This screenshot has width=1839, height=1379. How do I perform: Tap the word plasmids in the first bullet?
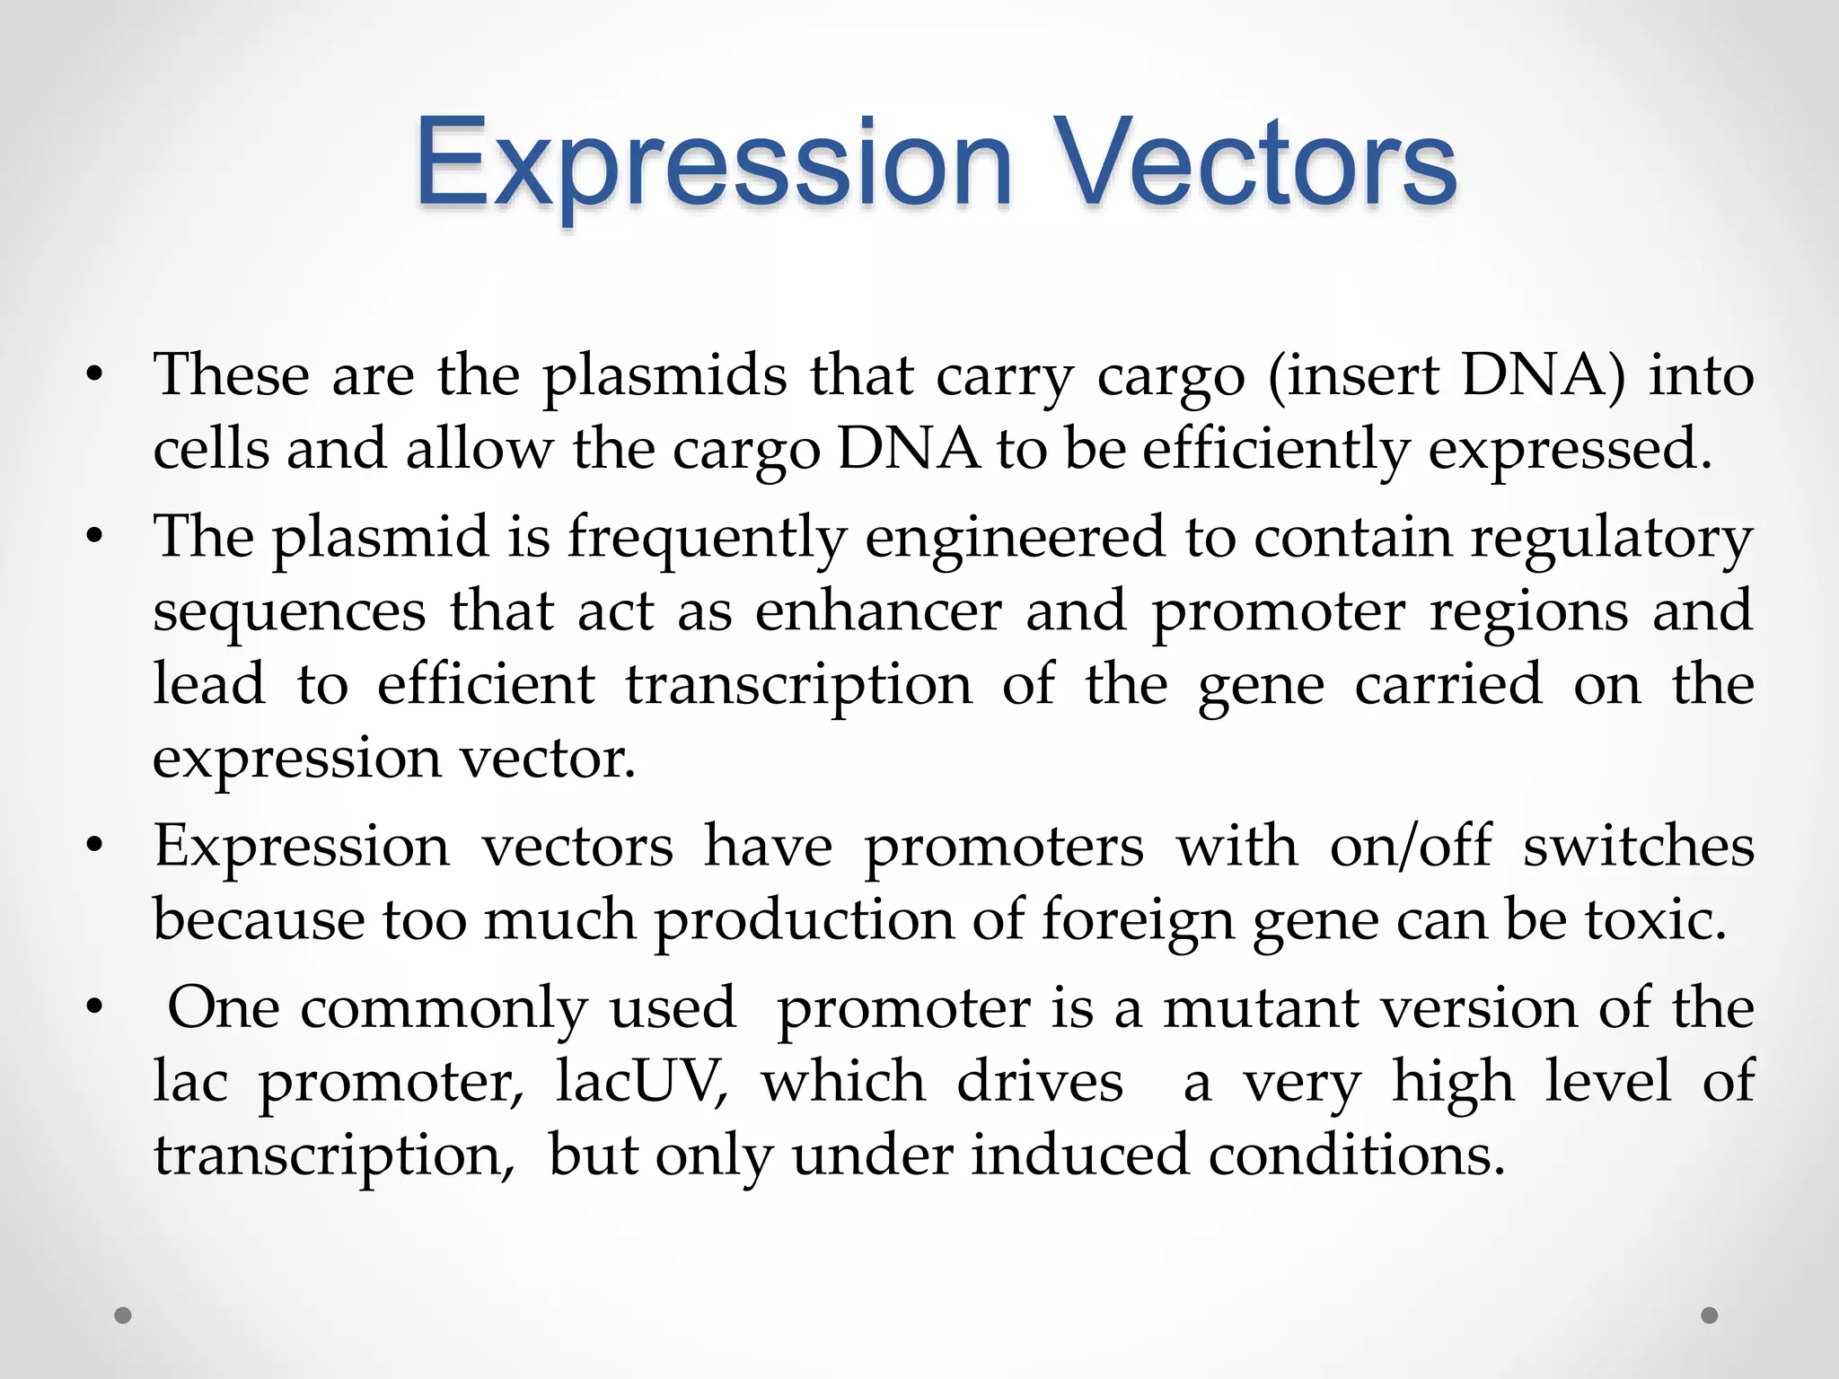coord(664,376)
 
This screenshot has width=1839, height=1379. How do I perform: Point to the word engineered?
coord(1014,538)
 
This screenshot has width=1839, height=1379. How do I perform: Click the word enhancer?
coord(877,611)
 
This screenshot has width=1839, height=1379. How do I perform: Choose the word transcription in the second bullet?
coord(798,685)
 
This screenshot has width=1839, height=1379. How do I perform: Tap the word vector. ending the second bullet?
coord(548,759)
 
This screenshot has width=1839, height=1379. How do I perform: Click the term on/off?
coord(1410,847)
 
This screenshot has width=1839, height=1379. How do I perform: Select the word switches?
coord(1638,847)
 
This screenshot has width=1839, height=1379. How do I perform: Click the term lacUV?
coord(641,1082)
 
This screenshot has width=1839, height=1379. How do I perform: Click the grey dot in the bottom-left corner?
coord(123,1315)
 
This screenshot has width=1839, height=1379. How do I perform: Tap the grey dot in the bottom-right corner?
coord(1710,1315)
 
